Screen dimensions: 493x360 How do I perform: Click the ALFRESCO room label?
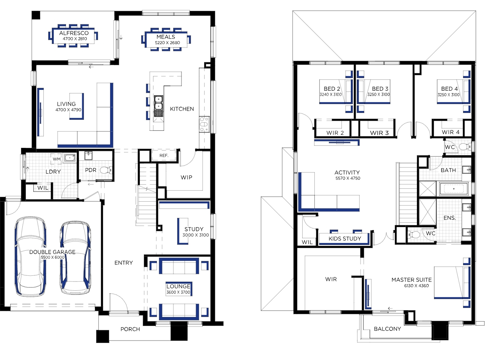[74, 33]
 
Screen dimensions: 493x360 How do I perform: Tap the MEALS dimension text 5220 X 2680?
[167, 43]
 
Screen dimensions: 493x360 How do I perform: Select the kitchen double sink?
[158, 103]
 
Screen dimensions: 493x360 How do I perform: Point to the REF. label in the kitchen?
[164, 156]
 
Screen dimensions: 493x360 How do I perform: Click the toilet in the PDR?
[106, 170]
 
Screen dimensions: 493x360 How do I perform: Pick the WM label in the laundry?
[57, 159]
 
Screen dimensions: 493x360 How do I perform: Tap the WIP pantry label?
[186, 177]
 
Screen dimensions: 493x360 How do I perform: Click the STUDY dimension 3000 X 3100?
[195, 235]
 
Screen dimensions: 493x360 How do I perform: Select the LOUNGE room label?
[178, 286]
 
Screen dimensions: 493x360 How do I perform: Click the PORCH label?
[130, 329]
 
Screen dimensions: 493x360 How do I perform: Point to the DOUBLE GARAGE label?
[52, 252]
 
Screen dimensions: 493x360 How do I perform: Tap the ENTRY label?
[124, 263]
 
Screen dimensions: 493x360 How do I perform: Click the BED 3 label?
[380, 89]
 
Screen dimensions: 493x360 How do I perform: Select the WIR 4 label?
[450, 132]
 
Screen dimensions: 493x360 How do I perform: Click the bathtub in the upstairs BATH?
[454, 189]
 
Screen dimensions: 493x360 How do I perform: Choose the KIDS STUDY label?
[345, 239]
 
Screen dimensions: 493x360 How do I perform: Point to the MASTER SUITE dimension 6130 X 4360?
[416, 286]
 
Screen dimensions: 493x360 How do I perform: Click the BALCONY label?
[387, 329]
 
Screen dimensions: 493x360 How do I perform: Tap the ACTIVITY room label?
[347, 173]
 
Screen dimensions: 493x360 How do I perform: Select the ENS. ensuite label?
[449, 218]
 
